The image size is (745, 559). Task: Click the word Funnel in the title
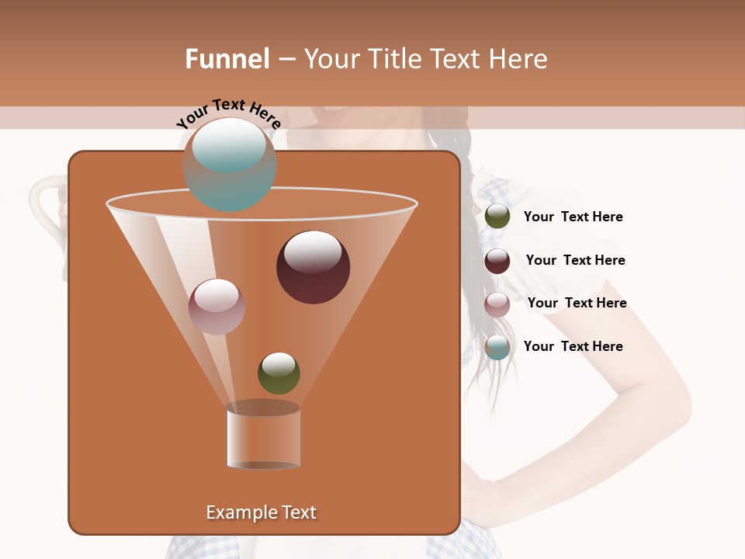[227, 59]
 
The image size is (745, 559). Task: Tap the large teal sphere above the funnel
[230, 165]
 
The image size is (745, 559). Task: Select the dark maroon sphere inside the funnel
[313, 267]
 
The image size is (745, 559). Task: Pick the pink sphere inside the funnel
[217, 307]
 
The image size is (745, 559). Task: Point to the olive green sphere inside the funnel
[279, 373]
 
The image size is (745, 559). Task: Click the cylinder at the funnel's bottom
[263, 436]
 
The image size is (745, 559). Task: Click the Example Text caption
[261, 512]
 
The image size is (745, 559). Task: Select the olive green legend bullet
[497, 217]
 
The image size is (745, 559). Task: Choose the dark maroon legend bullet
[497, 261]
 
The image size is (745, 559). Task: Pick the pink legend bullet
[497, 304]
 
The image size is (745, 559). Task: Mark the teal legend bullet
[497, 347]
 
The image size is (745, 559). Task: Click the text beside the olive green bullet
[573, 217]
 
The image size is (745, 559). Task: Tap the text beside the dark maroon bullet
[575, 260]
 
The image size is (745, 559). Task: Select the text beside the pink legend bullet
[577, 303]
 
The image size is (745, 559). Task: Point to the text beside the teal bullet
[573, 346]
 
